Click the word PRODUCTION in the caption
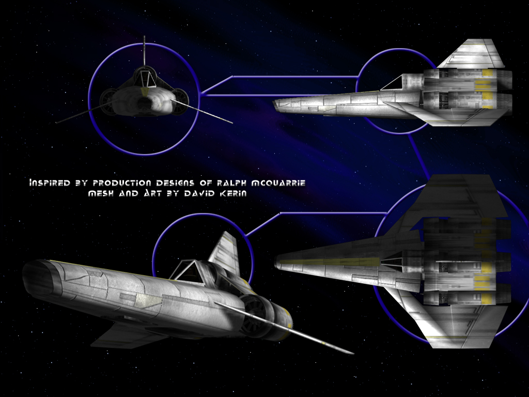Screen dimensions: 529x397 (x=122, y=183)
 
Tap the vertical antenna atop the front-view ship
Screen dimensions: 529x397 (x=145, y=51)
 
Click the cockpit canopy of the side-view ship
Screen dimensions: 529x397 (x=393, y=83)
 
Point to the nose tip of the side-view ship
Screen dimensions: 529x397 (x=275, y=103)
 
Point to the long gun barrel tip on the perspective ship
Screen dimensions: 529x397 (x=352, y=353)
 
